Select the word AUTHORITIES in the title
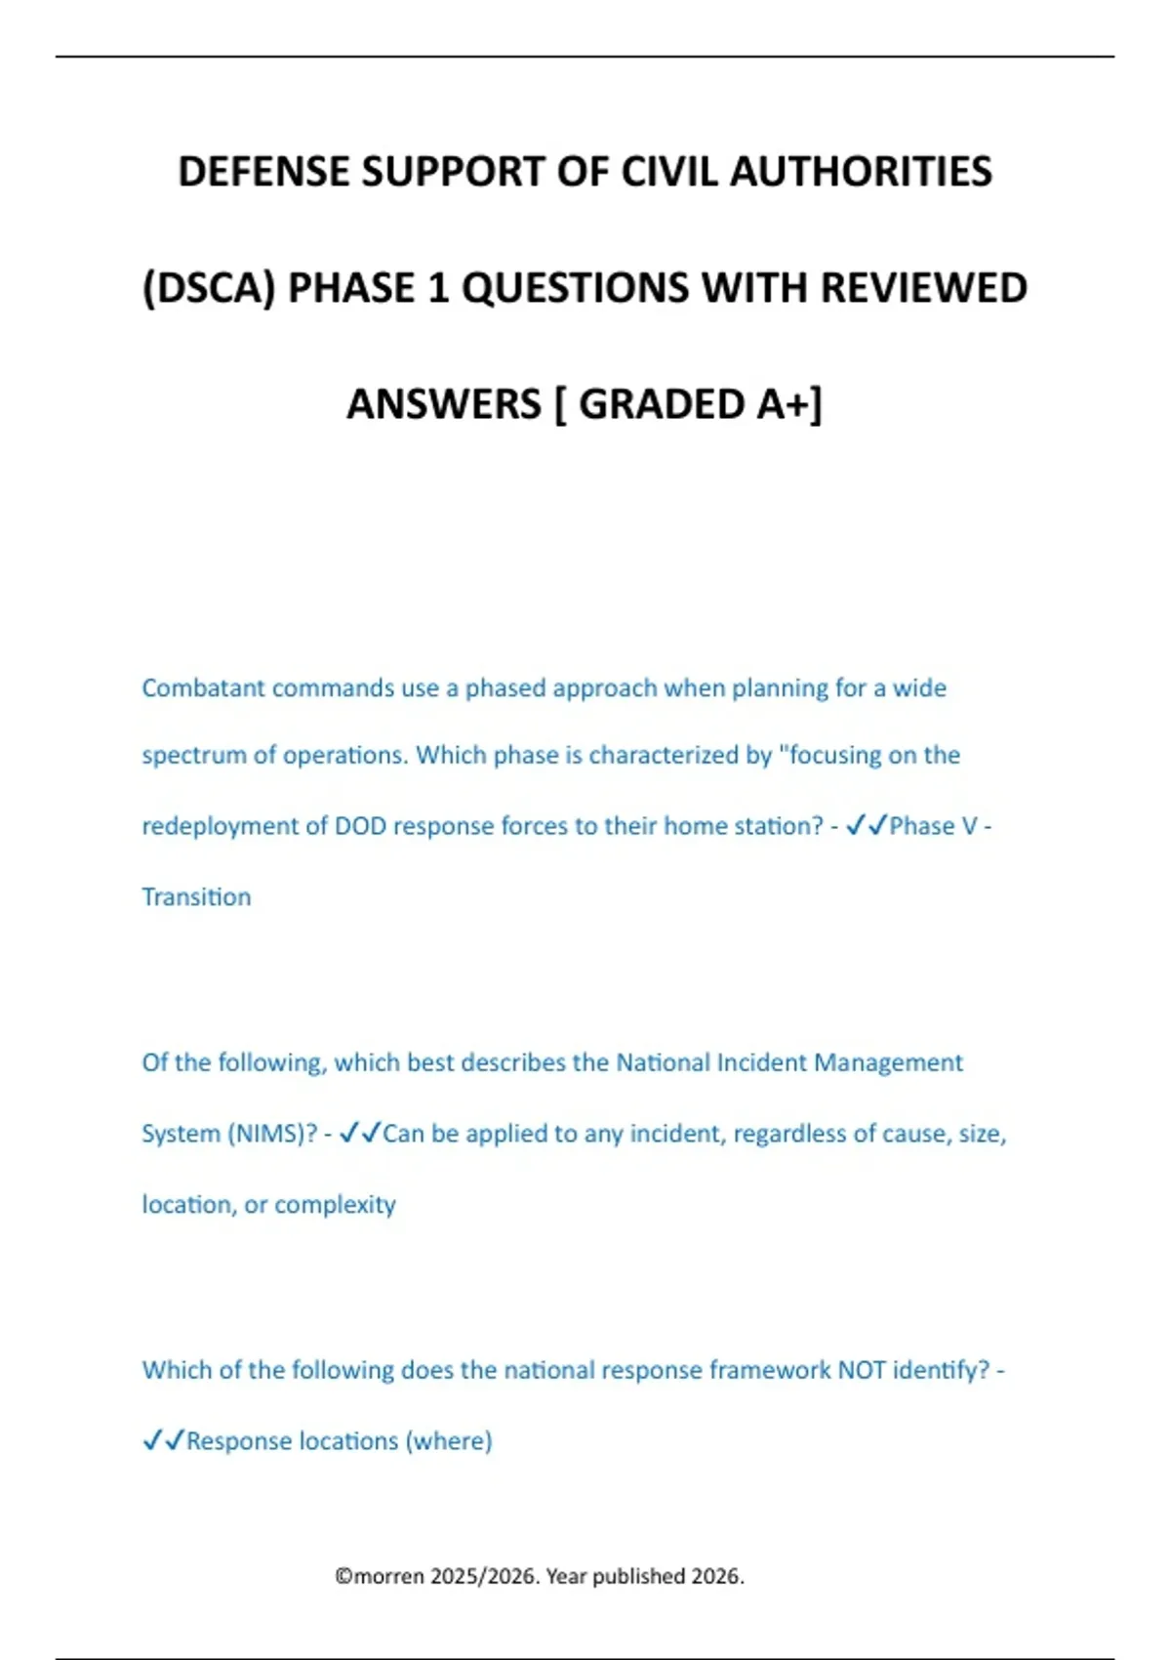[x=861, y=172]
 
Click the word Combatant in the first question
[x=203, y=688]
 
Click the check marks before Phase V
[x=866, y=826]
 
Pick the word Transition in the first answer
[x=196, y=897]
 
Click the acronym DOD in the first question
[x=360, y=826]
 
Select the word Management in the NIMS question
[x=888, y=1062]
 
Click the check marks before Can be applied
[x=359, y=1134]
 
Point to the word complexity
[x=335, y=1205]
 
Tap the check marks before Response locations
[x=163, y=1441]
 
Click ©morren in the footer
[x=380, y=1576]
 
